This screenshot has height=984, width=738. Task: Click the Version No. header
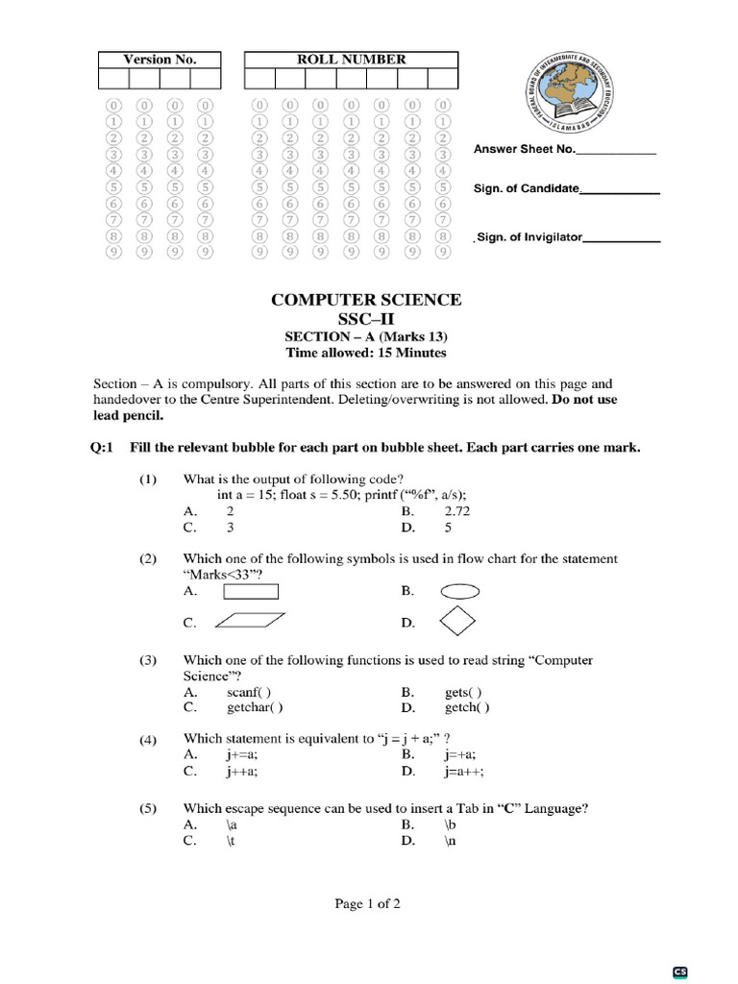[160, 60]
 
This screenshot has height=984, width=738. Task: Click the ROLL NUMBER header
[351, 60]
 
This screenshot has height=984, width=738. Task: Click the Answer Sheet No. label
[524, 150]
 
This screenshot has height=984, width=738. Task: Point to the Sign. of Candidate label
[526, 188]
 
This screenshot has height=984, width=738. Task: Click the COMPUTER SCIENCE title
[366, 300]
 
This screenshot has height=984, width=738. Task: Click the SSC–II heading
[366, 319]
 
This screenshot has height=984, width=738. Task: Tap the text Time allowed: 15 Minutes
[366, 354]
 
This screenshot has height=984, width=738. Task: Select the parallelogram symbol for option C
[251, 622]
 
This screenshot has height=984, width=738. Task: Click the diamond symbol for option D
[456, 622]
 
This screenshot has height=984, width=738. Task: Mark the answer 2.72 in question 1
[457, 512]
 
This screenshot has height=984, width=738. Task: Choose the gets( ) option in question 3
[463, 692]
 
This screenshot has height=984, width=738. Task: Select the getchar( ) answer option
[255, 708]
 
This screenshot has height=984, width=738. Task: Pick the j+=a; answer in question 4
[241, 755]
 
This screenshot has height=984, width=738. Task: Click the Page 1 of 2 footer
[367, 903]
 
